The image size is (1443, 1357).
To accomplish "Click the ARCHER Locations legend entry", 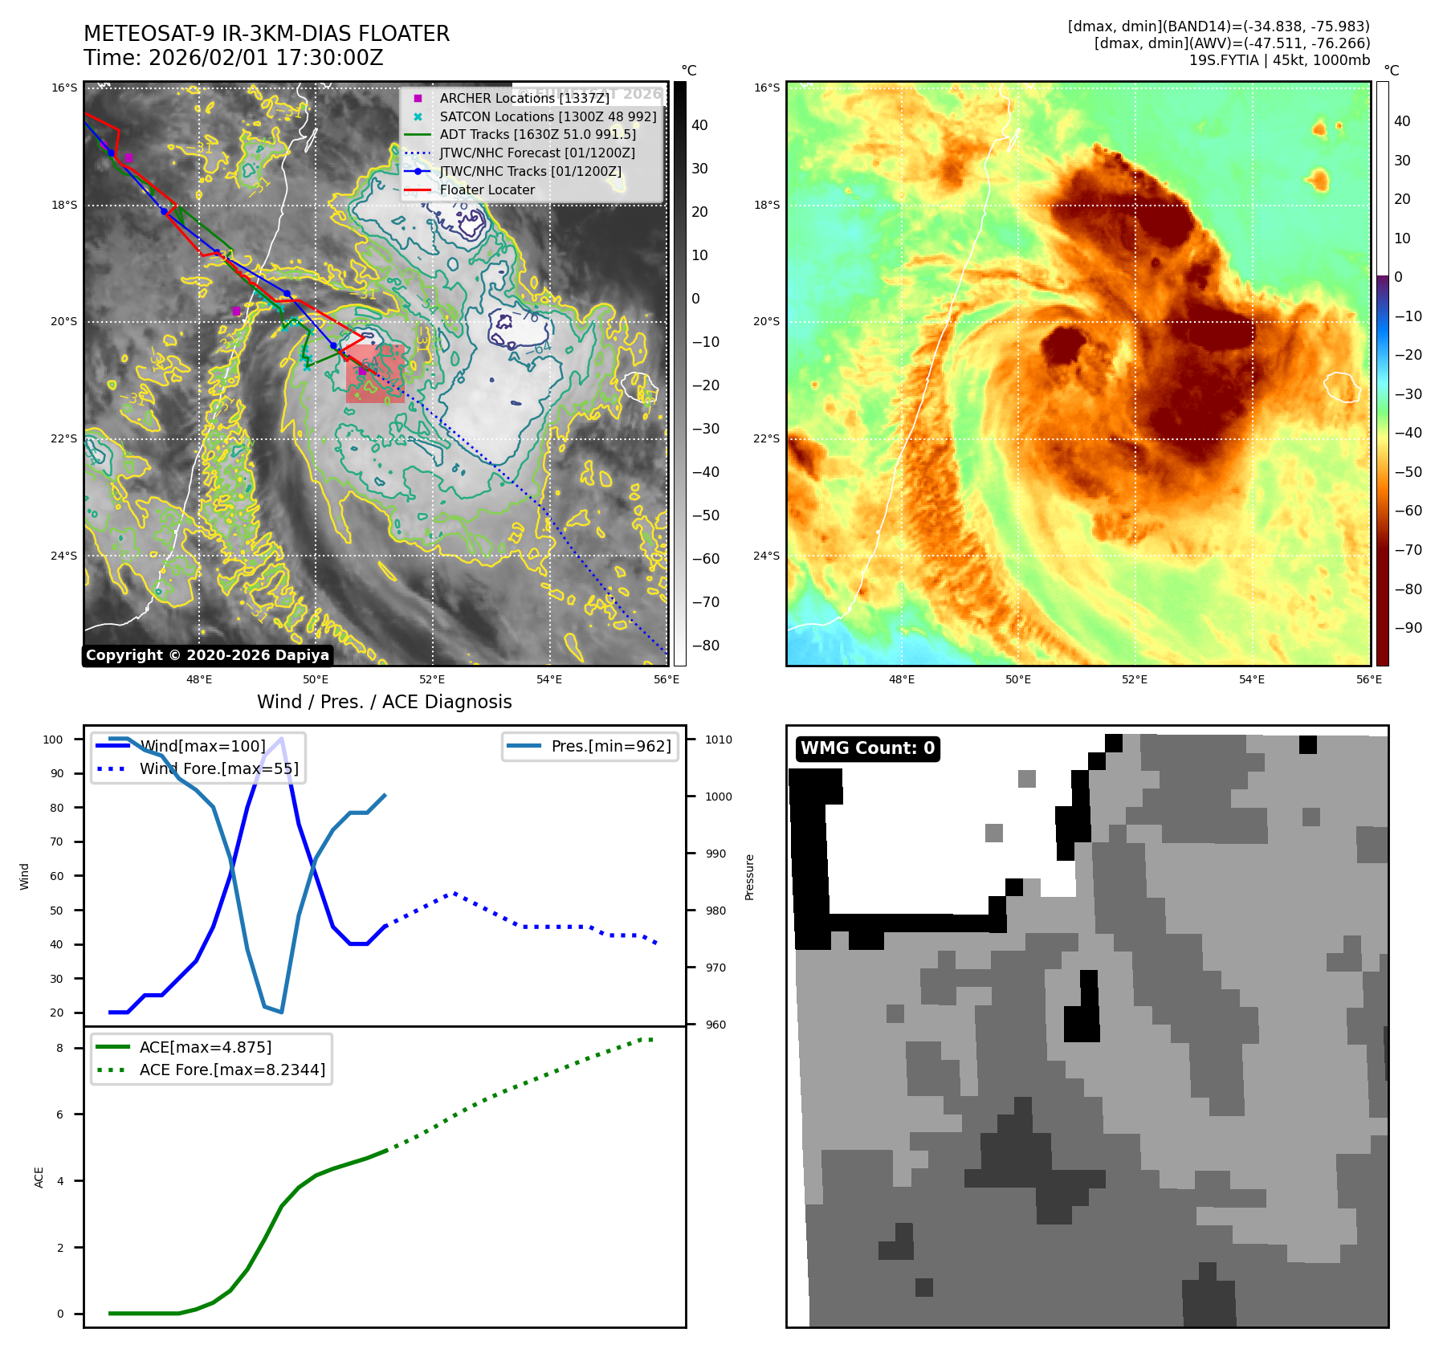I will (x=524, y=98).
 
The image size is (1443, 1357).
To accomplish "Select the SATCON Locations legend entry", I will (x=548, y=116).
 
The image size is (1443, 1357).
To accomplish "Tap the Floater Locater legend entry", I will (x=487, y=189).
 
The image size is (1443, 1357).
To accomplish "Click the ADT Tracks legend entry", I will (x=537, y=135).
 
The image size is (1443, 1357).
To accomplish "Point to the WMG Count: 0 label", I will (x=867, y=748).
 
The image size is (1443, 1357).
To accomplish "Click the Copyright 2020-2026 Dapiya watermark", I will (x=207, y=655).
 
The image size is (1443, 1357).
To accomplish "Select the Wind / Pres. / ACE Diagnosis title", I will (x=384, y=702).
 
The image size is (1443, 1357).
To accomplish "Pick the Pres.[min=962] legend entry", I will (x=610, y=746).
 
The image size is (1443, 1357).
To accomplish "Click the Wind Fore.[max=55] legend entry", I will (x=218, y=768).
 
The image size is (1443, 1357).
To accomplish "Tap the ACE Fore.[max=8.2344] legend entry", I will (x=232, y=1070).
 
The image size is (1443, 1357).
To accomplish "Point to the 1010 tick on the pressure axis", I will (x=719, y=740).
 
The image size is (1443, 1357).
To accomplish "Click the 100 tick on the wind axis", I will (x=53, y=740).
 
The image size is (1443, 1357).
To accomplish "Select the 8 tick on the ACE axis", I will (x=59, y=1048).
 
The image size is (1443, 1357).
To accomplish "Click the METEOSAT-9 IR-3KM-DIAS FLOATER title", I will (x=267, y=34).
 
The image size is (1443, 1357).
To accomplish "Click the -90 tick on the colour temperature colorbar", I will (x=1408, y=628).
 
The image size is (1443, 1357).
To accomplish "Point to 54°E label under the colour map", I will (x=1251, y=679).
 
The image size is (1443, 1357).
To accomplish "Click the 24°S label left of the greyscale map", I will (x=64, y=556).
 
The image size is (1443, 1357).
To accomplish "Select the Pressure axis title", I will (x=749, y=877).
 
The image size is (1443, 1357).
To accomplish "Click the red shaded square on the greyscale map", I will (x=375, y=374).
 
